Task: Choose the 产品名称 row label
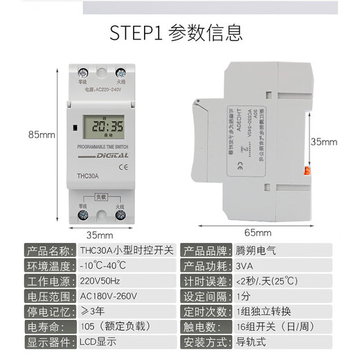coord(48,251)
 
